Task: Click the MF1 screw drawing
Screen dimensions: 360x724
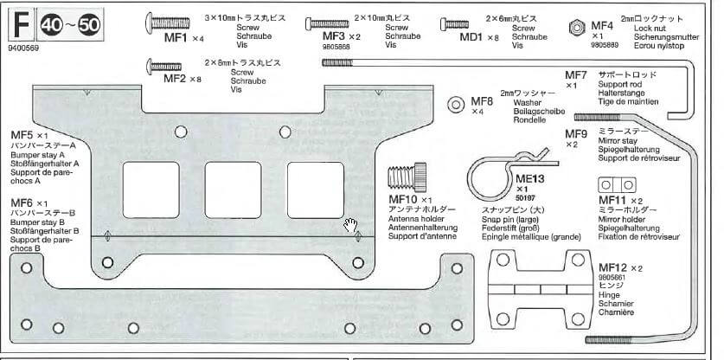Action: [173, 20]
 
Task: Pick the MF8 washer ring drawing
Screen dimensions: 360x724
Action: [456, 105]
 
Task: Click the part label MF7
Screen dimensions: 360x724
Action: [576, 76]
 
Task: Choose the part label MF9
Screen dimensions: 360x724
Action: [576, 133]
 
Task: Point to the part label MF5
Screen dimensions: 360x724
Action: [22, 136]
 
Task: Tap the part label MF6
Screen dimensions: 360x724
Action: [22, 202]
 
